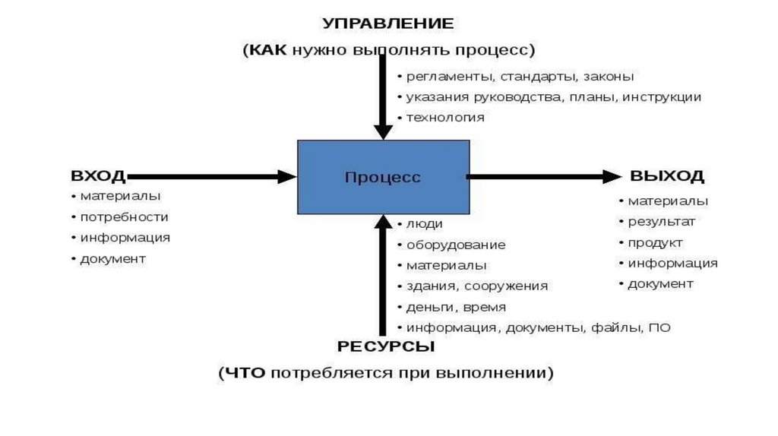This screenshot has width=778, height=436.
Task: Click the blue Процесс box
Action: (382, 176)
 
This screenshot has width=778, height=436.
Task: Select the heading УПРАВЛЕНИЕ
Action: (388, 24)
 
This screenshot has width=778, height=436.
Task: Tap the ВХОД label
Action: (98, 176)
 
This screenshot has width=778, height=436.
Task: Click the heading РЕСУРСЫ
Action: (386, 347)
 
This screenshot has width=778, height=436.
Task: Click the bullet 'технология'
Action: (444, 118)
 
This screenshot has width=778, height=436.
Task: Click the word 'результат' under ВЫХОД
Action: (661, 222)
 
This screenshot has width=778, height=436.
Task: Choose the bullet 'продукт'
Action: (655, 243)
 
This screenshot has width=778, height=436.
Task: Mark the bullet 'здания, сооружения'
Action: (476, 286)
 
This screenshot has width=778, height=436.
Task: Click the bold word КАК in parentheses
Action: (268, 50)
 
